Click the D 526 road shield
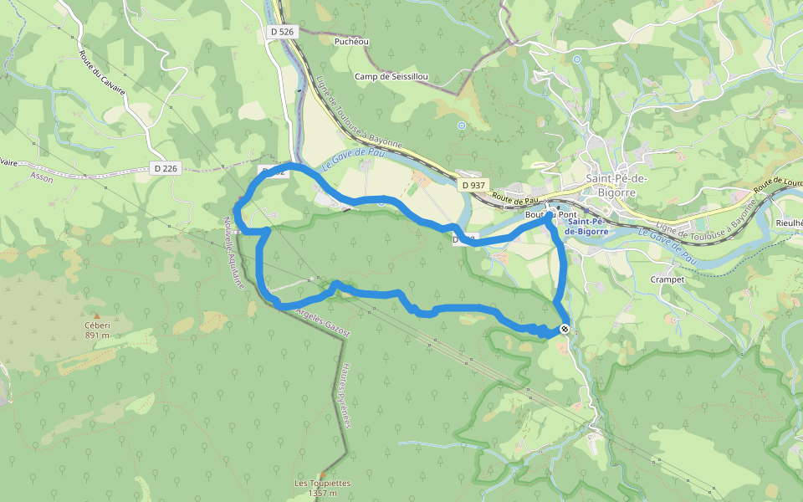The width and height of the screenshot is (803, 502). [x=283, y=31]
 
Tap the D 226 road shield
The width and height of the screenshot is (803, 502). [x=166, y=168]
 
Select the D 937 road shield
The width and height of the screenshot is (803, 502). [x=473, y=185]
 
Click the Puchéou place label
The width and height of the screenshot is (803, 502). [x=351, y=41]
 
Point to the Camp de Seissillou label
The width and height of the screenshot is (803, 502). [x=391, y=77]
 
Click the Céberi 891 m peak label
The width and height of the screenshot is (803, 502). [x=97, y=330]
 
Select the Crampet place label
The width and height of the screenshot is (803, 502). [x=667, y=279]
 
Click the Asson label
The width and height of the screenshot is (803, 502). [x=41, y=177]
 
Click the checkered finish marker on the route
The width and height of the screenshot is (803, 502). [x=565, y=330]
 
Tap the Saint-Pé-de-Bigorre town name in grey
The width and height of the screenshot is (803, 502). [x=622, y=186]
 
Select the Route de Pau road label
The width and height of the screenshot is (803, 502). [x=514, y=199]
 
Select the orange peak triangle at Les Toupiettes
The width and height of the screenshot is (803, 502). [x=322, y=474]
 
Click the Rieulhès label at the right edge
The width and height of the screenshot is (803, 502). [x=788, y=223]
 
